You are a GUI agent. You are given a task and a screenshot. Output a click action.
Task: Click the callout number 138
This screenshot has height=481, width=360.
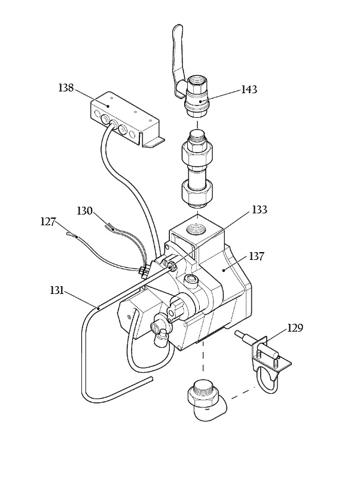tap(66, 88)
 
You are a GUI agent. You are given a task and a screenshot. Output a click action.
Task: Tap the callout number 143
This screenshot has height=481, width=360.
tap(249, 90)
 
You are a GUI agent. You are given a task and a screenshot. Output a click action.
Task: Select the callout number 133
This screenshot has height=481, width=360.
tap(260, 210)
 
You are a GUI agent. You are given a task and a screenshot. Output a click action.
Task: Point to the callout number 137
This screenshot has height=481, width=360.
tap(257, 256)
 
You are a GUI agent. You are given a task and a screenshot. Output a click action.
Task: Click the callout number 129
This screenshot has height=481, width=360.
tap(295, 328)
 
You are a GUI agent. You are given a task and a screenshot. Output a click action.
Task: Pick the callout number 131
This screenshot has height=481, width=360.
tap(57, 290)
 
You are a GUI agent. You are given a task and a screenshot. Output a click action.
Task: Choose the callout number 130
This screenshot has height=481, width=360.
tap(85, 211)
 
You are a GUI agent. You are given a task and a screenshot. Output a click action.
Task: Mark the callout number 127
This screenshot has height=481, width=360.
tap(48, 222)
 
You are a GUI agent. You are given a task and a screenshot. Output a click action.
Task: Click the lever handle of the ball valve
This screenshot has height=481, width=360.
tap(178, 59)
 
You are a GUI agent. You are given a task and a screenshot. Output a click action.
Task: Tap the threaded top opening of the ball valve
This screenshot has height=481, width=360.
tap(197, 81)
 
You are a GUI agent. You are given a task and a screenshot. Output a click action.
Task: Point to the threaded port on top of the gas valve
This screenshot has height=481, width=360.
tap(197, 228)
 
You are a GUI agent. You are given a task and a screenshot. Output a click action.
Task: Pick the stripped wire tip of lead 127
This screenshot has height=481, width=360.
tap(71, 235)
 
